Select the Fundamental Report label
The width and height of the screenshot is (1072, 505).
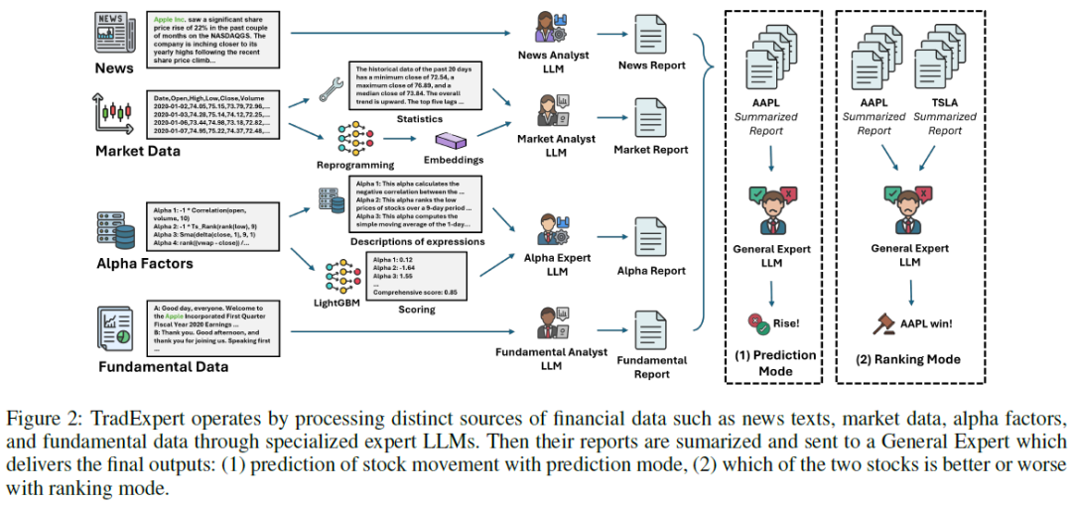[x=651, y=366]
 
